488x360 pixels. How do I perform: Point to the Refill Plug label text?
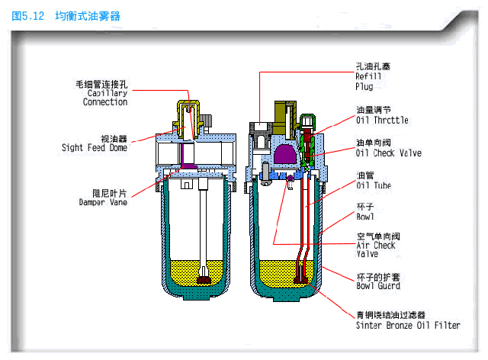369,81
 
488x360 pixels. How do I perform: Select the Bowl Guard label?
378,286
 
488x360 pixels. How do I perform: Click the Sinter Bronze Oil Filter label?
408,325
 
